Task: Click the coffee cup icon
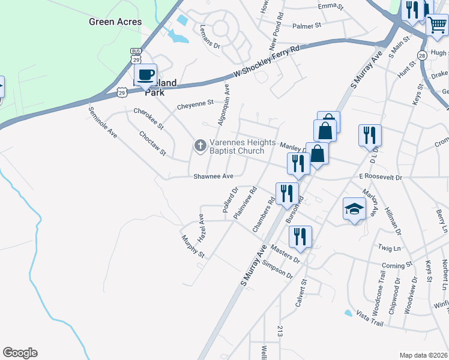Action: [145, 75]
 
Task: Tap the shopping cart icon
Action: [436, 26]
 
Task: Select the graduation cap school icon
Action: [354, 209]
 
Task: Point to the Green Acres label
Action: [115, 22]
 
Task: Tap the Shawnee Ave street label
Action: [213, 176]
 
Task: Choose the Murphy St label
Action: [193, 247]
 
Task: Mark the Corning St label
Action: [397, 265]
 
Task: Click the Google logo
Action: [20, 353]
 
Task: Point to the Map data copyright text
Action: [423, 355]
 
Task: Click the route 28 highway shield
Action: [422, 55]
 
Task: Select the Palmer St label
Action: [307, 26]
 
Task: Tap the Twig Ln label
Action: [389, 247]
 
